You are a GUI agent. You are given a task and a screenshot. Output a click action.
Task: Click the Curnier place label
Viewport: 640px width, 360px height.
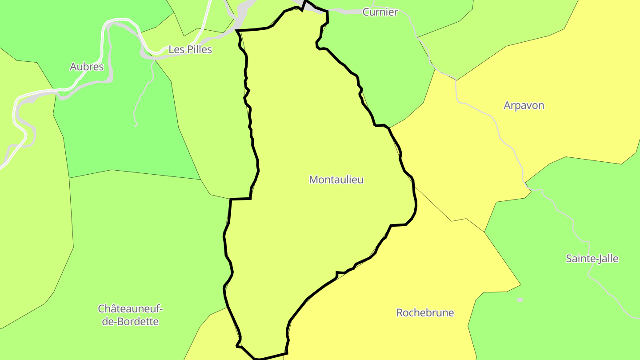[x=380, y=12]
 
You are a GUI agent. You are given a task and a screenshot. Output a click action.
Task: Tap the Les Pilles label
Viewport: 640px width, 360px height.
[x=190, y=49]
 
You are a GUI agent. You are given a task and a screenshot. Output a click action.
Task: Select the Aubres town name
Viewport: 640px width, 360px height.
[x=87, y=67]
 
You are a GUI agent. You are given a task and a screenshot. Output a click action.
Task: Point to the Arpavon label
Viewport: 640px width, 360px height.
[x=524, y=105]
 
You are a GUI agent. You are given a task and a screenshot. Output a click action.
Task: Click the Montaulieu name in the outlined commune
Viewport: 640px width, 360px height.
[x=336, y=180]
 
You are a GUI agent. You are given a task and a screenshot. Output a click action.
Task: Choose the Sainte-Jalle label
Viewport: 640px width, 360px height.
[x=592, y=258]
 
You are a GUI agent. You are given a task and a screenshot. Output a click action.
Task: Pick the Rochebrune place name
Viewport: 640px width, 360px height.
[x=425, y=312]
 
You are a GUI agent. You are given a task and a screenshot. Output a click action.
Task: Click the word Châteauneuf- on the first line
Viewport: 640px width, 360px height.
[x=131, y=308]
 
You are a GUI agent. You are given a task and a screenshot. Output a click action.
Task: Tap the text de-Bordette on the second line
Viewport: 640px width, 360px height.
[x=130, y=321]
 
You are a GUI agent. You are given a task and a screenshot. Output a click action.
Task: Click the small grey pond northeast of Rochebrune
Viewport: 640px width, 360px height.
[x=520, y=300]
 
